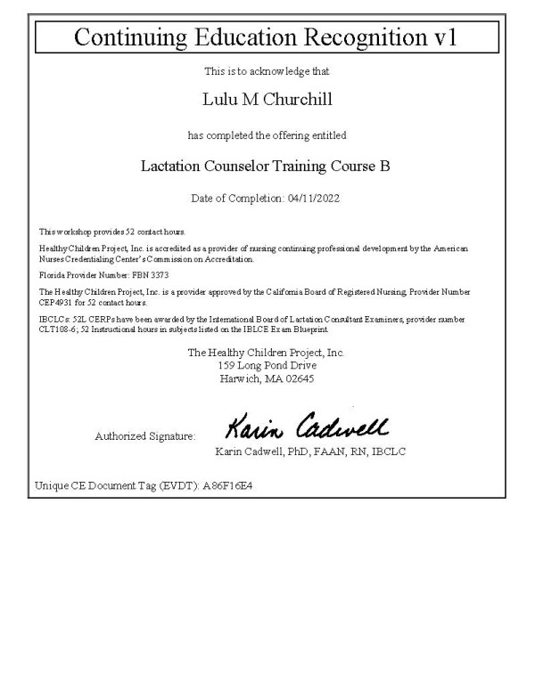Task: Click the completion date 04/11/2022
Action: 312,198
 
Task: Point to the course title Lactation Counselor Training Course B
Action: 267,166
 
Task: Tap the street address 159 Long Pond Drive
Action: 267,365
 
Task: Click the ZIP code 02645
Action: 296,378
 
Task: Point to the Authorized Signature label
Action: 144,436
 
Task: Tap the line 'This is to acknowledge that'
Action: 267,70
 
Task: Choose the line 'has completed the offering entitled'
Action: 267,135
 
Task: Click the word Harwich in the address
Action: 242,378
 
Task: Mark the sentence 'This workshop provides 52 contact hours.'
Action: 111,232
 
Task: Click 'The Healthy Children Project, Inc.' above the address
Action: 267,353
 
